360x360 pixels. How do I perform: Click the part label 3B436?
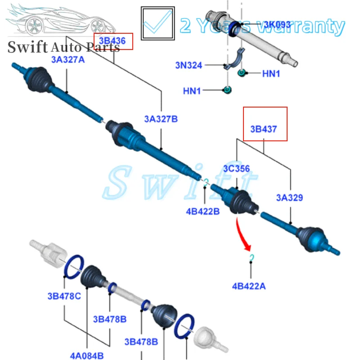[112, 41]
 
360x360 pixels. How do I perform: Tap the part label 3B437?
[264, 130]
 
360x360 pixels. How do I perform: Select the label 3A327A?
[67, 59]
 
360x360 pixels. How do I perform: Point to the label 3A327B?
[161, 119]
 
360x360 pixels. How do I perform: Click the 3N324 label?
[189, 65]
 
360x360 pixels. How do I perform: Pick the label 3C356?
[236, 169]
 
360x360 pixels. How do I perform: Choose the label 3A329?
[289, 197]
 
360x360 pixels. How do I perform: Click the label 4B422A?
[249, 285]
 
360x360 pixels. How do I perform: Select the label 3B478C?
[64, 296]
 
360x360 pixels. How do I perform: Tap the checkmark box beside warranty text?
[157, 23]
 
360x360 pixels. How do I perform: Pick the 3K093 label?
[277, 24]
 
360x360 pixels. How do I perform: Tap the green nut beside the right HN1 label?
[242, 73]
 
